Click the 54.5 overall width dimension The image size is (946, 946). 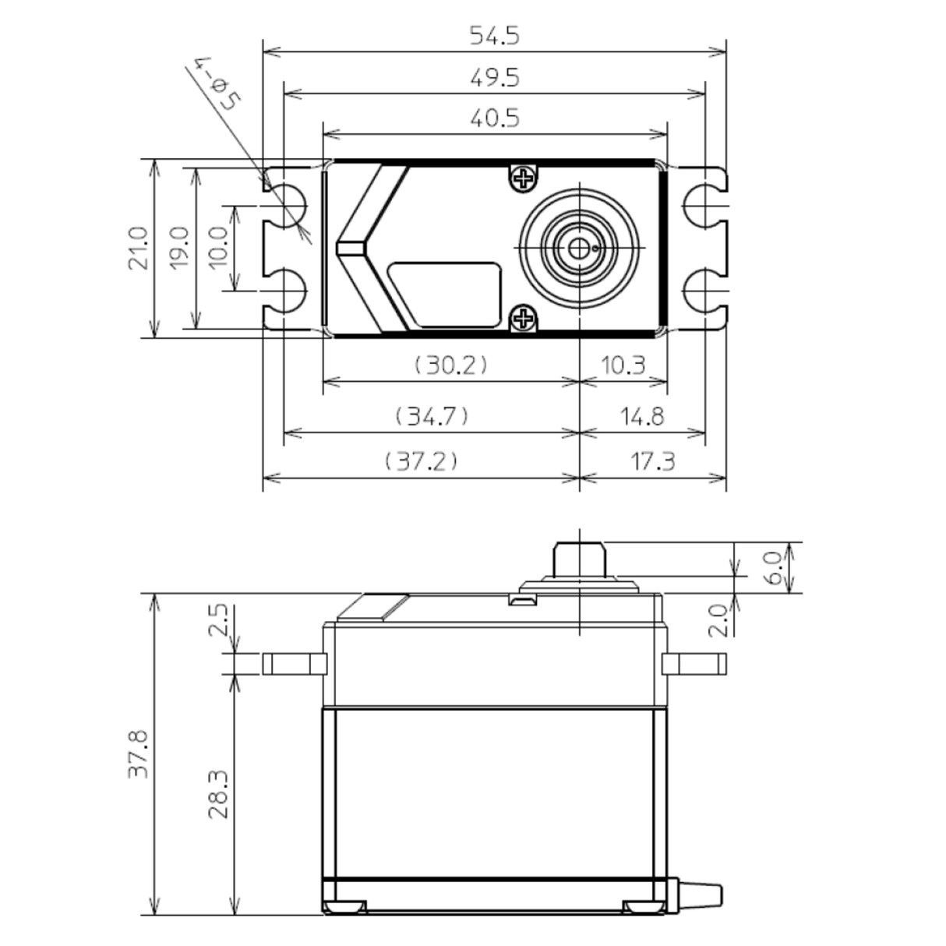(494, 36)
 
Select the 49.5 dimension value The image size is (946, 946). (494, 78)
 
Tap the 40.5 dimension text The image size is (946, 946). (494, 118)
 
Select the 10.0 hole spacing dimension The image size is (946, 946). (219, 249)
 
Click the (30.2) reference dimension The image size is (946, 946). (450, 365)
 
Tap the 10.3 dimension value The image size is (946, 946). (623, 365)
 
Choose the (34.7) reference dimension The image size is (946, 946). (432, 415)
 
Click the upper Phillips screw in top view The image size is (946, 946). (524, 178)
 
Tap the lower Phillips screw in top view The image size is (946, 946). (524, 318)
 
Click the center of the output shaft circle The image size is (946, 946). (579, 248)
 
